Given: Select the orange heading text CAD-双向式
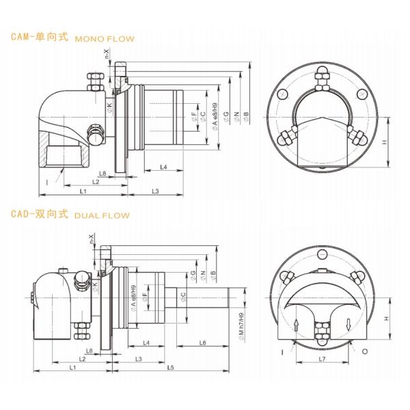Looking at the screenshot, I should pyautogui.click(x=40, y=214).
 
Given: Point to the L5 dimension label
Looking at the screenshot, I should pyautogui.click(x=169, y=368).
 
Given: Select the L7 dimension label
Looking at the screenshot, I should pyautogui.click(x=321, y=358).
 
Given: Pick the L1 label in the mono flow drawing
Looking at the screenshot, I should pyautogui.click(x=82, y=191).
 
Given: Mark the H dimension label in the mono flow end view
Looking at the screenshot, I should pyautogui.click(x=385, y=143).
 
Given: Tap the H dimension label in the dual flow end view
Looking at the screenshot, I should pyautogui.click(x=385, y=318).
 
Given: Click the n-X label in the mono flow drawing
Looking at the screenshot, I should pyautogui.click(x=106, y=54).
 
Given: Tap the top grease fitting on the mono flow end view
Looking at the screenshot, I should pyautogui.click(x=321, y=77).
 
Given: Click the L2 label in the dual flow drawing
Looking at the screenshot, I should pyautogui.click(x=81, y=358).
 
